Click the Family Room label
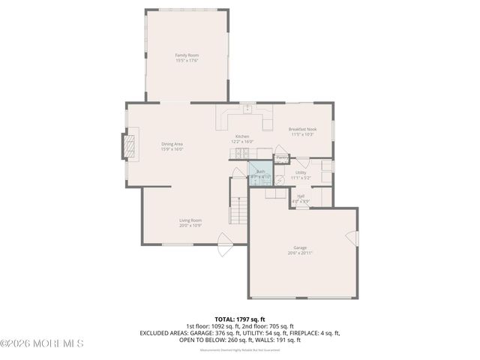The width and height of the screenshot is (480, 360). (187, 55)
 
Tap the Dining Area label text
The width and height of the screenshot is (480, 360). (172, 143)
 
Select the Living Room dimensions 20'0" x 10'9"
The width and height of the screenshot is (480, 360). (190, 225)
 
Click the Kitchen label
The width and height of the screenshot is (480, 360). (241, 136)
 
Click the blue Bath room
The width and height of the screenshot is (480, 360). (260, 174)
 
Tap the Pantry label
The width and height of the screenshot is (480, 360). (282, 157)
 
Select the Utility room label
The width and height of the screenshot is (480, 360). (301, 172)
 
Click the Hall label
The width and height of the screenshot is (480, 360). (301, 196)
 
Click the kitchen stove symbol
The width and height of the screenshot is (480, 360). (240, 154)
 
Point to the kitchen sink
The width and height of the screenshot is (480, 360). (246, 109)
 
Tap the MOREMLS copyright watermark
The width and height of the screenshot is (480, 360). (43, 343)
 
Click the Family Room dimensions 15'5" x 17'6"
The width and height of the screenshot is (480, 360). (187, 61)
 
